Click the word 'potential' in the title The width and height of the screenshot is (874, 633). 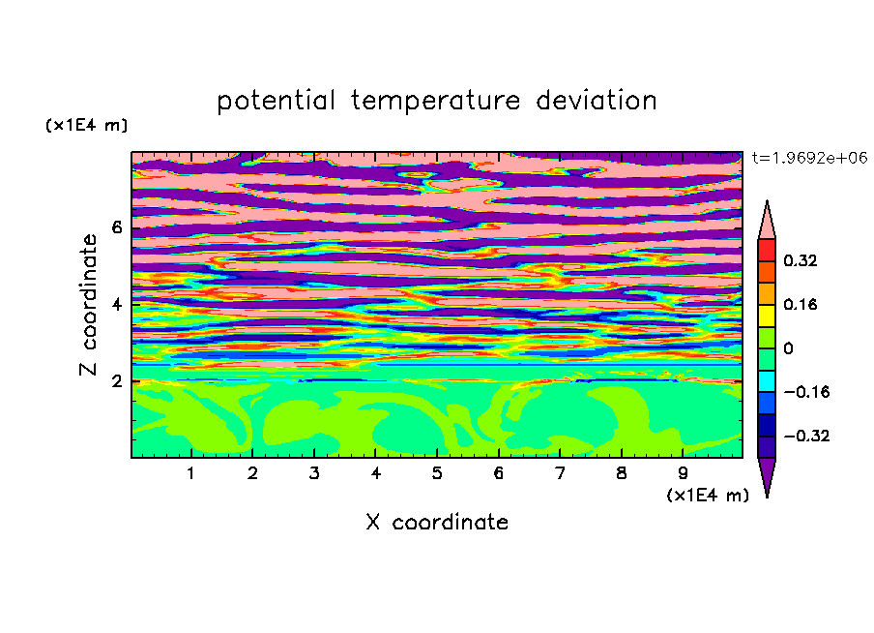click(276, 102)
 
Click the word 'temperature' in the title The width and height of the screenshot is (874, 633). click(435, 102)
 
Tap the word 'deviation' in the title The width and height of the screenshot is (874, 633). click(597, 101)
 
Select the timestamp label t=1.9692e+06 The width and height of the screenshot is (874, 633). click(809, 158)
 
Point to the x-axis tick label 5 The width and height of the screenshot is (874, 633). click(437, 473)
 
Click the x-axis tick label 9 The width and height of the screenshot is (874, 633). click(683, 473)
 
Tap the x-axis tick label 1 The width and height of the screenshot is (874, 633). click(191, 473)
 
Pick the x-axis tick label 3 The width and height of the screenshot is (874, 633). click(314, 473)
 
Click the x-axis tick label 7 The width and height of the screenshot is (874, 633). click(560, 473)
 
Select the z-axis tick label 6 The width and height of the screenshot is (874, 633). click(117, 227)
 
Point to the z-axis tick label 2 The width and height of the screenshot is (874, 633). click(117, 381)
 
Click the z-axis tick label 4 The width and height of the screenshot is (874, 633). click(117, 305)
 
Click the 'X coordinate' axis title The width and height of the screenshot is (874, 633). click(438, 522)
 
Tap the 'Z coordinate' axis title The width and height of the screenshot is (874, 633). click(89, 305)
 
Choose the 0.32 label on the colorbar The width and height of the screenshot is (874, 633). click(801, 260)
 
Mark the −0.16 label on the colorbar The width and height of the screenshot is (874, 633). click(806, 392)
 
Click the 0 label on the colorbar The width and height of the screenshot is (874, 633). click(788, 348)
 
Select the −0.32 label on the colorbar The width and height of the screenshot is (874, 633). click(806, 436)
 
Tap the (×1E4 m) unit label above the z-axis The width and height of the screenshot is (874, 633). click(86, 125)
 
